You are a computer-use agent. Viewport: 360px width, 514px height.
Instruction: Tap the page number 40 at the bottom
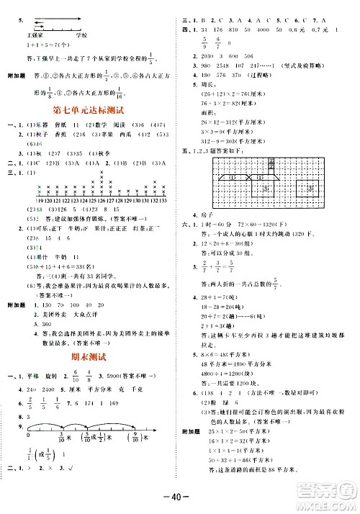(x=180, y=500)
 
